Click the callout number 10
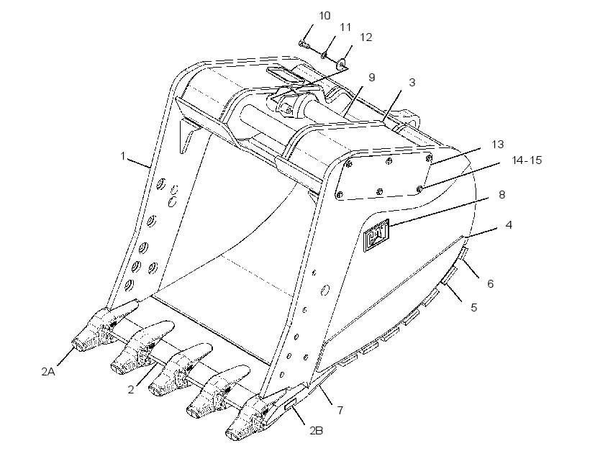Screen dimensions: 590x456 (324, 16)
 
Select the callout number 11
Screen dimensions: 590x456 (345, 27)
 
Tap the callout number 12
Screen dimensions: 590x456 (366, 37)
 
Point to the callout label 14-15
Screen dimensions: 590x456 (527, 160)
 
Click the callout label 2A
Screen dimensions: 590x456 (48, 372)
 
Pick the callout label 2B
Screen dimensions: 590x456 (317, 431)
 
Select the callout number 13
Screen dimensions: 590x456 (497, 145)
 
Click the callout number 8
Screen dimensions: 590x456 (502, 195)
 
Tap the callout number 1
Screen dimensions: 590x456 (122, 156)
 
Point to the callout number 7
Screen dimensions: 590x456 (340, 410)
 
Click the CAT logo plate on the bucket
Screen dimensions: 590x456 (376, 234)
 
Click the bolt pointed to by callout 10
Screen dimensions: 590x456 (304, 45)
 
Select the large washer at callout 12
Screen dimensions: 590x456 (342, 63)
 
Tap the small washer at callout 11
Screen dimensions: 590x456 (324, 56)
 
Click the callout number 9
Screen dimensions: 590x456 (372, 78)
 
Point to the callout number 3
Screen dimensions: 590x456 (412, 83)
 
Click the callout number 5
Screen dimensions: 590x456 (474, 307)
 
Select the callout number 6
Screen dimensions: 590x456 (490, 283)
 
